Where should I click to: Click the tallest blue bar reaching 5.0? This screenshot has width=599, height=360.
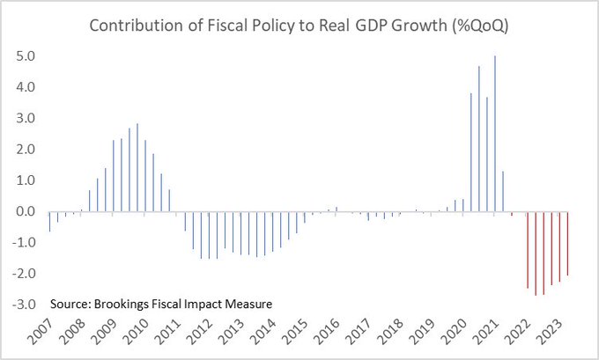pos(495,134)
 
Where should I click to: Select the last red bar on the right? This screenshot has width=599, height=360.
pos(568,243)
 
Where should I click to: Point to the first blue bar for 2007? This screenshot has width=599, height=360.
pos(49,221)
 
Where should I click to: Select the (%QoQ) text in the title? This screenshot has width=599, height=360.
pos(478,26)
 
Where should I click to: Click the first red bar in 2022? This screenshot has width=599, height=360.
pos(528,250)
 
